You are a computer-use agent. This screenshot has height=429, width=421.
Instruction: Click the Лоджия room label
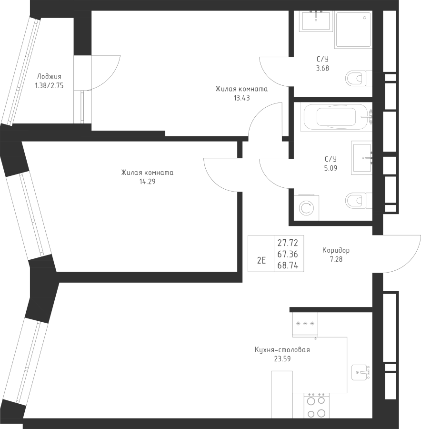pos(49,77)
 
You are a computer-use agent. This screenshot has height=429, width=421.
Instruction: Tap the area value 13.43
pos(241,98)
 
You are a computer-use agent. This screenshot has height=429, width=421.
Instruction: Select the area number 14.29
pos(147,182)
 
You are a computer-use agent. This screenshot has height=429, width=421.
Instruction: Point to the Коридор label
pos(336,250)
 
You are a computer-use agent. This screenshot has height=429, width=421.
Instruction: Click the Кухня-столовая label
pos(282,350)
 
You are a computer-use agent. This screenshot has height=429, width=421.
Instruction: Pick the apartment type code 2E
pos(261,260)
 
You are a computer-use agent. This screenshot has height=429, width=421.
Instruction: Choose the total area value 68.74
pos(288,266)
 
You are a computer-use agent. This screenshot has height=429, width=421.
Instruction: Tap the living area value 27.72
pos(288,243)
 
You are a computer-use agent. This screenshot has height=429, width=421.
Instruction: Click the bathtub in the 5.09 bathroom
pos(337,117)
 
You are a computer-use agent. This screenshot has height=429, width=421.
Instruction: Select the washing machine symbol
pos(306,207)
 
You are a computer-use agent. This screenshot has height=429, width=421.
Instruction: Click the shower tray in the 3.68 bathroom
pos(354,30)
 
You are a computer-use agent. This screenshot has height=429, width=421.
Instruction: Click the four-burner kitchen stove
pos(317,406)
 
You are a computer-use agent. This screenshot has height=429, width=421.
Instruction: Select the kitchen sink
pos(361,372)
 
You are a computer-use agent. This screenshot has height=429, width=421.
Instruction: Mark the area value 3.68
pos(322,68)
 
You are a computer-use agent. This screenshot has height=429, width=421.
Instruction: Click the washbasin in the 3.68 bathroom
pos(317,21)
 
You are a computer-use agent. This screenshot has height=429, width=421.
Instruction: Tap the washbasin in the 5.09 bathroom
pos(361,158)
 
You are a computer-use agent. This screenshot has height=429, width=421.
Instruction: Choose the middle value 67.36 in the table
pos(288,254)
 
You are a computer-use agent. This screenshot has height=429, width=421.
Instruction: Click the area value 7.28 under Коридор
pos(336,259)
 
